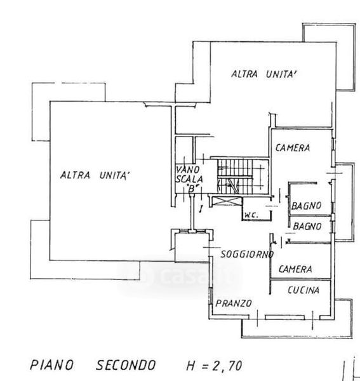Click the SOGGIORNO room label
pyautogui.click(x=247, y=254)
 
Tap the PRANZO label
pyautogui.click(x=234, y=304)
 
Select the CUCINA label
pyautogui.click(x=303, y=290)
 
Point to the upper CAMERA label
pyautogui.click(x=293, y=148)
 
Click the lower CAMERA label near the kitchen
pyautogui.click(x=295, y=269)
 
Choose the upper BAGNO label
pyautogui.click(x=306, y=206)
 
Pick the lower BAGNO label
pyautogui.click(x=307, y=226)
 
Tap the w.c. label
pyautogui.click(x=251, y=215)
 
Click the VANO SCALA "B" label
pyautogui.click(x=189, y=179)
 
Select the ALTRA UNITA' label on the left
pyautogui.click(x=95, y=175)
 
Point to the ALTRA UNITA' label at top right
pyautogui.click(x=265, y=74)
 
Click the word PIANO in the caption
pyautogui.click(x=51, y=364)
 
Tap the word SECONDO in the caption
pyautogui.click(x=126, y=365)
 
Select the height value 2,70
pyautogui.click(x=227, y=366)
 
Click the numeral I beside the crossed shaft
pyautogui.click(x=201, y=209)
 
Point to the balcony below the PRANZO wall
pyautogui.click(x=297, y=328)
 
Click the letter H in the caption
pyautogui.click(x=192, y=366)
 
